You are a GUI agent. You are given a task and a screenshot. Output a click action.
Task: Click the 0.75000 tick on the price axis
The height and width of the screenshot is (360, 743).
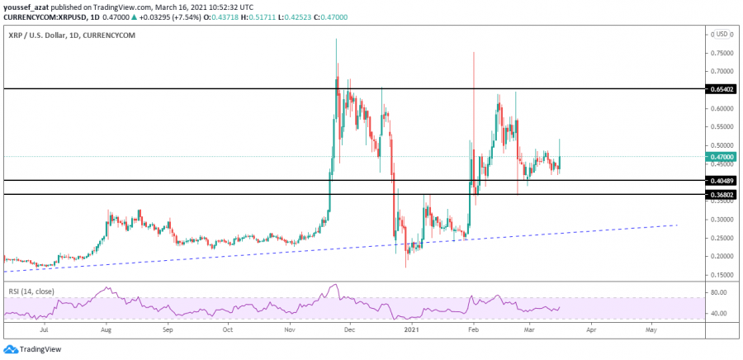click(720, 52)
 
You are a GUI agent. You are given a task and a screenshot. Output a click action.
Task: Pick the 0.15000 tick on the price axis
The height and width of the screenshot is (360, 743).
click(720, 275)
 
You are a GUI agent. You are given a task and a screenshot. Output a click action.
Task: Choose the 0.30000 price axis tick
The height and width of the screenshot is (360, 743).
click(720, 220)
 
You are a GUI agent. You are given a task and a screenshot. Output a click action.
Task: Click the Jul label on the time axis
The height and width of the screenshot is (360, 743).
click(44, 329)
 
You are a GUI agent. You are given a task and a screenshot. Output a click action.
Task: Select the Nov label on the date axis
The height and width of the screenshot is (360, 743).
click(291, 329)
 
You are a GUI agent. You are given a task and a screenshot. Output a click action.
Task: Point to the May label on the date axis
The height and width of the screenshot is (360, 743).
click(651, 329)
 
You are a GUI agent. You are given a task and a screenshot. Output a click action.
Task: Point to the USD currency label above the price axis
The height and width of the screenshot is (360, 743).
click(721, 34)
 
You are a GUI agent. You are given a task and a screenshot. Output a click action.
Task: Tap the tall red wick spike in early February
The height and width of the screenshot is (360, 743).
click(474, 83)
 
